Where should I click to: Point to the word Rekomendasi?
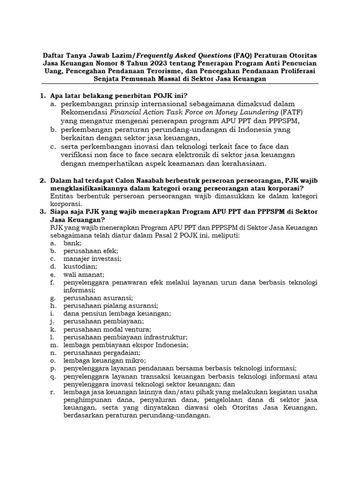pyautogui.click(x=84, y=112)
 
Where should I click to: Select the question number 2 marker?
pyautogui.click(x=42, y=180)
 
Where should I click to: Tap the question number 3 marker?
pyautogui.click(x=42, y=212)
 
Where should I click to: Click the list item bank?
pyautogui.click(x=73, y=243)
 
